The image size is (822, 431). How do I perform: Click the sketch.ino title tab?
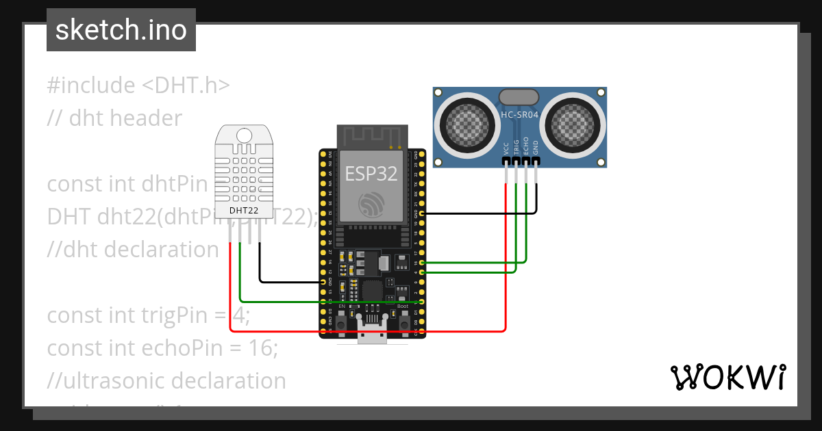coord(121,30)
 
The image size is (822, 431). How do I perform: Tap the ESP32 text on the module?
coord(371,174)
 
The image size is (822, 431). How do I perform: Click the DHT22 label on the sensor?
coord(244,210)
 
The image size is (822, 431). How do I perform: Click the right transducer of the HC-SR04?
coord(573,123)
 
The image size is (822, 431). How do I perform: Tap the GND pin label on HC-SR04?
coord(536,147)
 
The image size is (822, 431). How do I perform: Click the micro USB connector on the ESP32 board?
coord(372,335)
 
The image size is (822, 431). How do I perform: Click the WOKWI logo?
coord(727,377)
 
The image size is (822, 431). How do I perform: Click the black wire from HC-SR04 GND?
coord(480,213)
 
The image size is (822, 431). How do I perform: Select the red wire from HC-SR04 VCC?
coord(506,274)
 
